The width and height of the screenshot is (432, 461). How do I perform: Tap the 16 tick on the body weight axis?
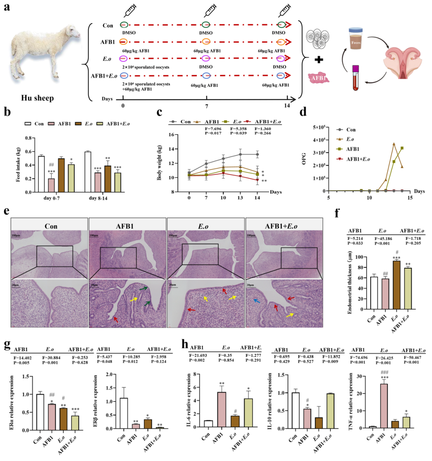tap(182, 135)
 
